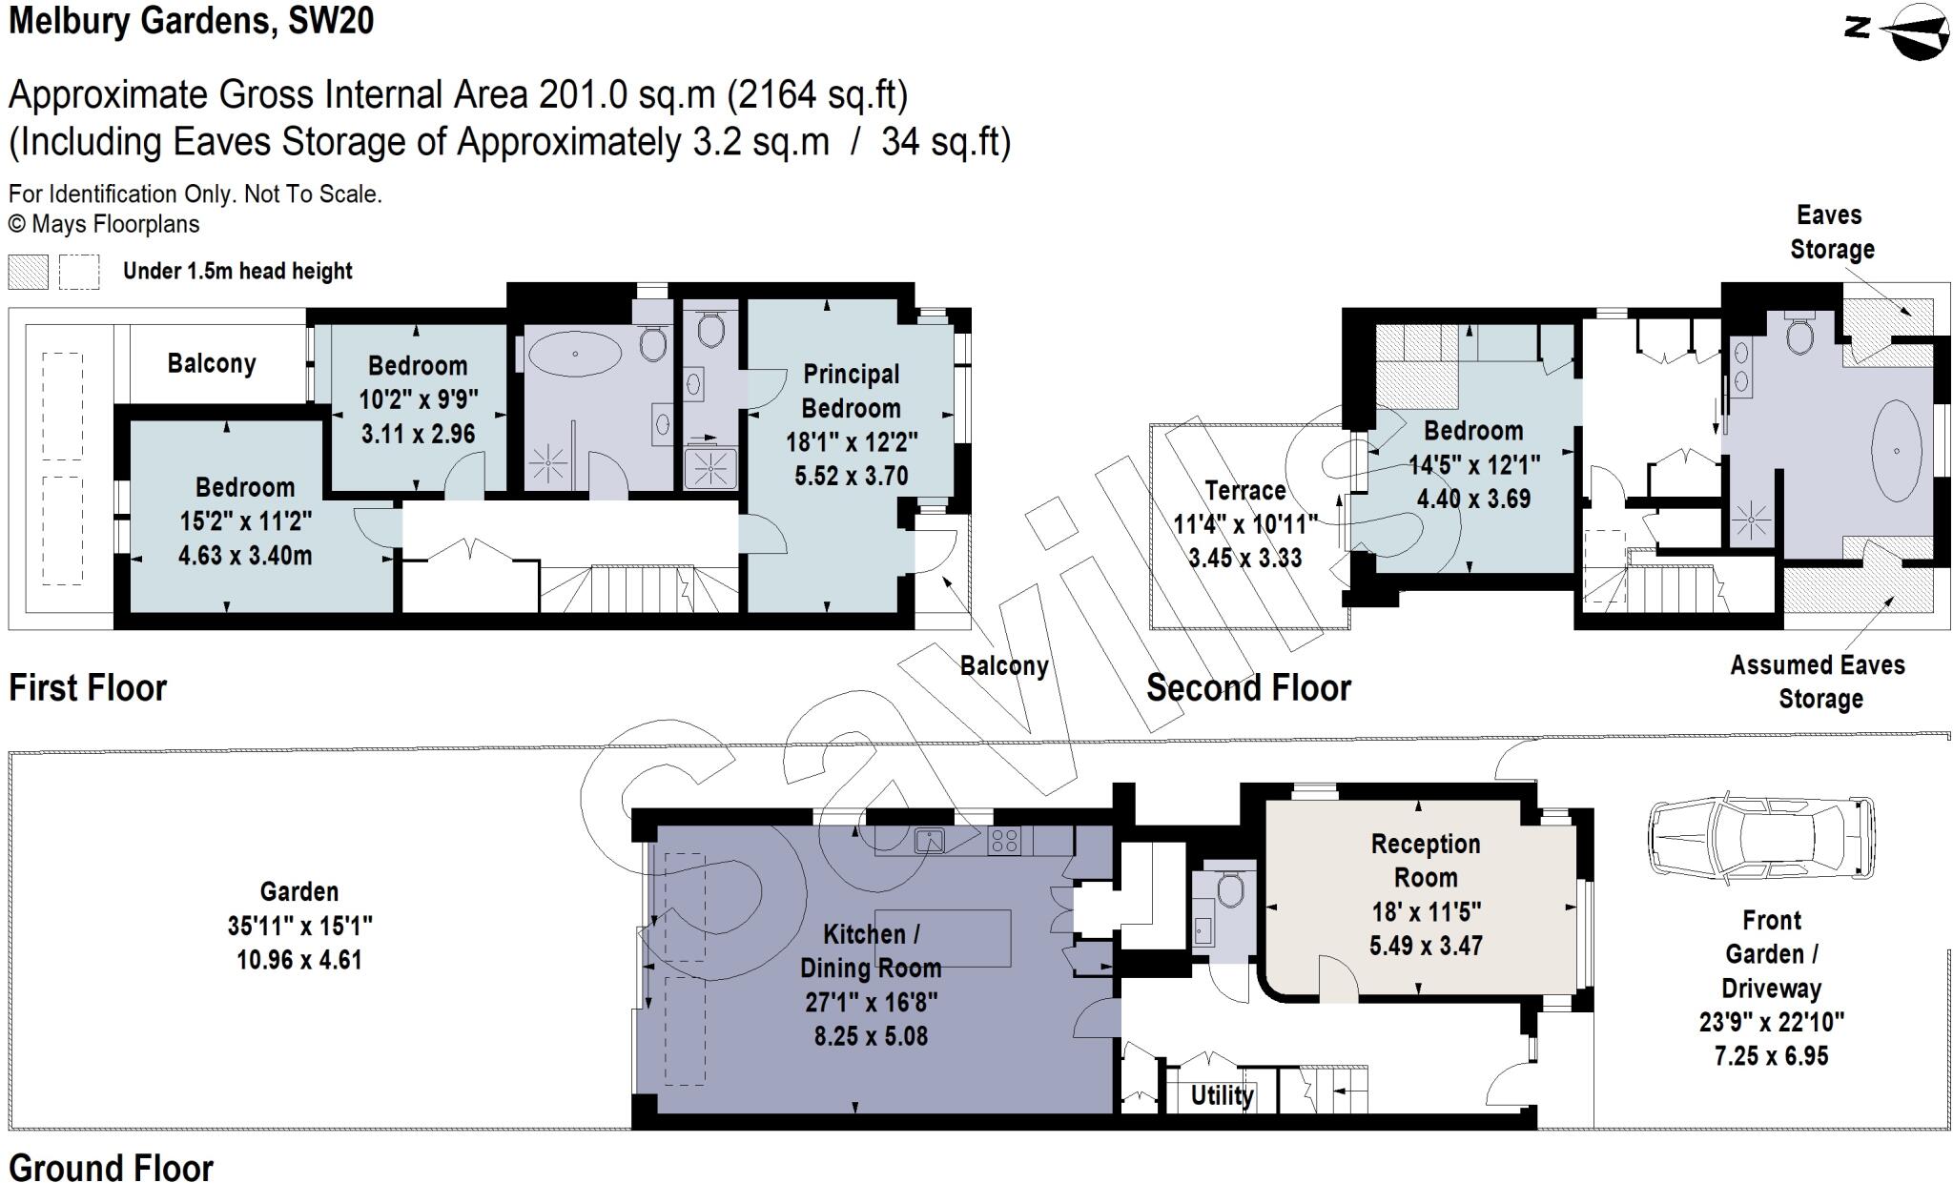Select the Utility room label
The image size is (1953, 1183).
point(1222,1095)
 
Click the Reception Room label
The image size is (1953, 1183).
point(1425,860)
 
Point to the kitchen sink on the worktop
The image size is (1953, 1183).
point(929,840)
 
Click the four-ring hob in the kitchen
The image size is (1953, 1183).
point(1003,840)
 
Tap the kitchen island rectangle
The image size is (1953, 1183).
point(942,938)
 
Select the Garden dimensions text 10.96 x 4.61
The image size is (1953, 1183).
point(299,959)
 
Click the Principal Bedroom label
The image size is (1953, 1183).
point(851,391)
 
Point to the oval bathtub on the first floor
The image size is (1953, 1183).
point(574,354)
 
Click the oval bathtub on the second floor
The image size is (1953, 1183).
point(1896,450)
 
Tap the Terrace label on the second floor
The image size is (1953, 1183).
point(1244,491)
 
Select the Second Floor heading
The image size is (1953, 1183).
point(1248,687)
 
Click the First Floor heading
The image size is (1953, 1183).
point(88,687)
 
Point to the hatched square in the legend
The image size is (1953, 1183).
point(28,272)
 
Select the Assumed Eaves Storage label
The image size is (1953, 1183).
point(1818,682)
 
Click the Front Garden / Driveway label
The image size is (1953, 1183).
point(1771,954)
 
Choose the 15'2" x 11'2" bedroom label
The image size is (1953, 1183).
point(245,520)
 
